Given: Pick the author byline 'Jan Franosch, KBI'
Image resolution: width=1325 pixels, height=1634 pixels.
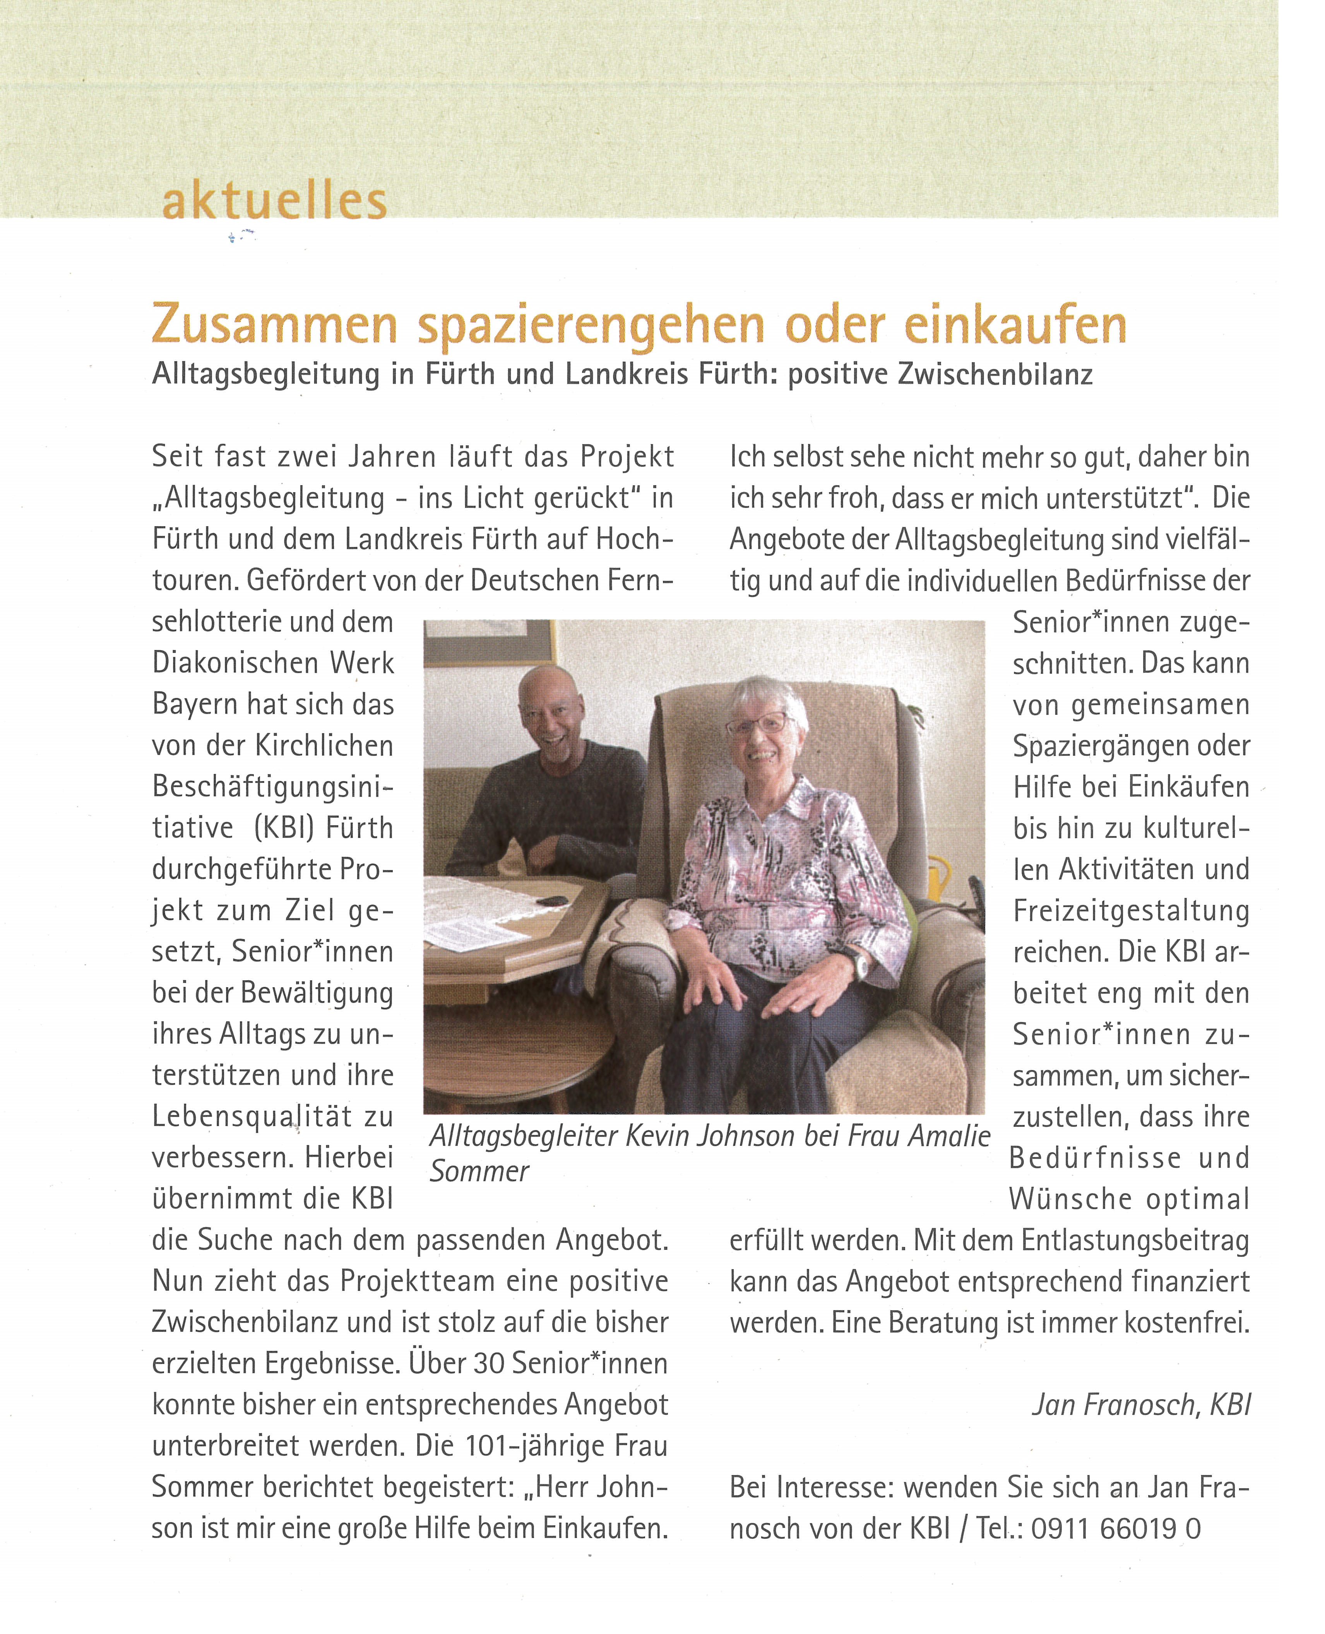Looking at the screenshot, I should (x=1141, y=1404).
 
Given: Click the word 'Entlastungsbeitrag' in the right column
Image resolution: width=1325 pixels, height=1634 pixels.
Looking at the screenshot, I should (x=1135, y=1240).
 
